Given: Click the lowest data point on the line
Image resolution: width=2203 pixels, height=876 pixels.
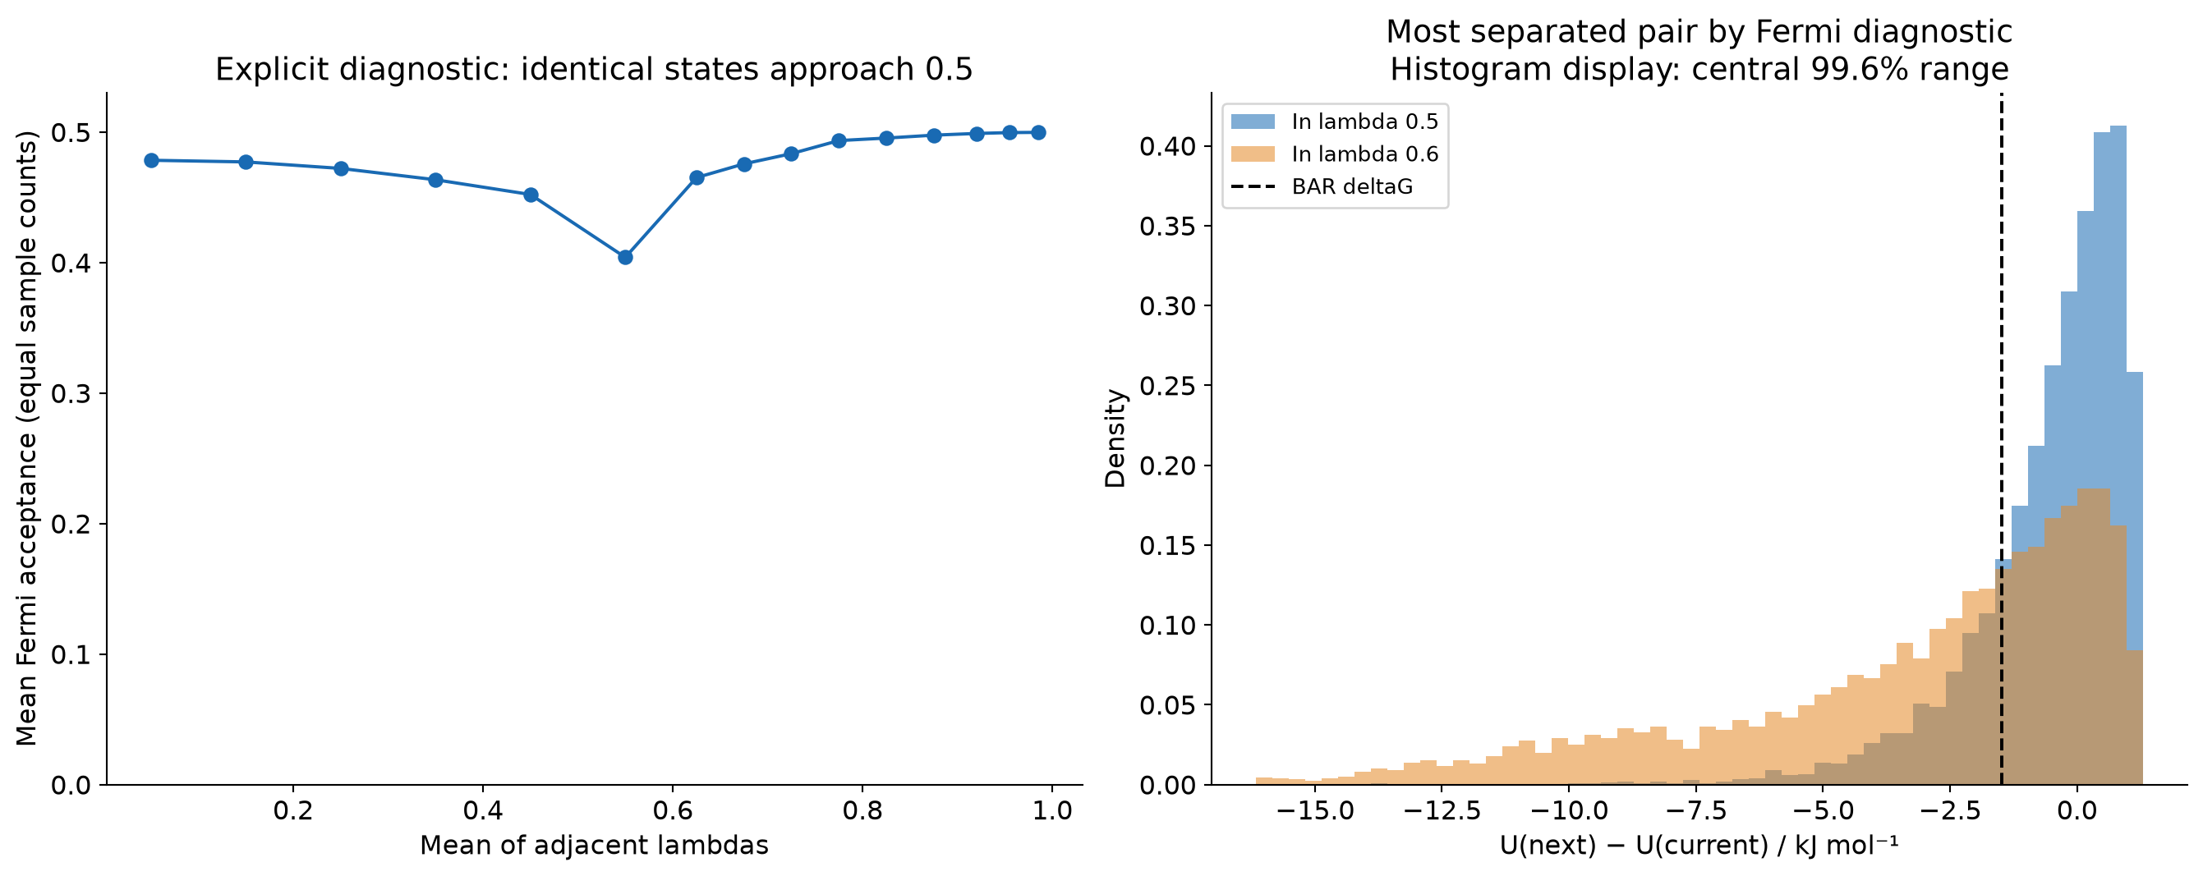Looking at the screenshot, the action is (x=625, y=257).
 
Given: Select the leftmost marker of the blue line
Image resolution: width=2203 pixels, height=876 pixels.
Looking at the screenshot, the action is (x=151, y=160).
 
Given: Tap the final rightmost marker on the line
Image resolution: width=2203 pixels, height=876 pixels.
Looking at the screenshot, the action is (x=1038, y=132).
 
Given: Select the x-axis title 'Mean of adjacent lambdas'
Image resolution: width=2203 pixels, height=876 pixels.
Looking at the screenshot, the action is (x=595, y=846).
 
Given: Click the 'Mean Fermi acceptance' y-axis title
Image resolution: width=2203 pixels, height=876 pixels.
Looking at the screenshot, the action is (x=27, y=438).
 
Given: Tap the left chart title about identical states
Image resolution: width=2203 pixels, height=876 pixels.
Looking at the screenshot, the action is (x=594, y=69).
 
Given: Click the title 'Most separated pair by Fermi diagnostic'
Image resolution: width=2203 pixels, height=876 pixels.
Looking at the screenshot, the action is (x=1699, y=32).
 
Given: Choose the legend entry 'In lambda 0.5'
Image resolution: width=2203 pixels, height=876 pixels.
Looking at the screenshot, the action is (x=1334, y=122).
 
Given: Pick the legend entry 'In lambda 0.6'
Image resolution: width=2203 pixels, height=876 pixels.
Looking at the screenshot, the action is (x=1334, y=154).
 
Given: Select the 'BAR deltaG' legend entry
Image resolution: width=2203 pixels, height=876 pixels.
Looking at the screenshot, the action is (x=1322, y=186).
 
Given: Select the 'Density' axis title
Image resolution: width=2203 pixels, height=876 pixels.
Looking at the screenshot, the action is (x=1115, y=438).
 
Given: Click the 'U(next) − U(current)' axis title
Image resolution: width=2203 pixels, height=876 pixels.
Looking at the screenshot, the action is (x=1699, y=846).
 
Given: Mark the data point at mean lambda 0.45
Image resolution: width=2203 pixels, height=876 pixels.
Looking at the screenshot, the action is (x=531, y=195).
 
